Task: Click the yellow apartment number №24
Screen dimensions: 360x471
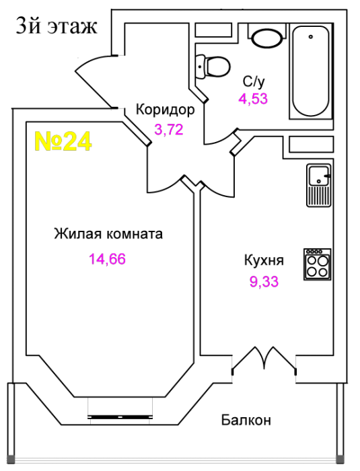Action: tap(63, 141)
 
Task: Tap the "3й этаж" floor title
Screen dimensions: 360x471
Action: tap(57, 26)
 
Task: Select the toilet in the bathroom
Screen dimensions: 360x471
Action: tap(213, 67)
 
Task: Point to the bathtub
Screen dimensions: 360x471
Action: tap(311, 71)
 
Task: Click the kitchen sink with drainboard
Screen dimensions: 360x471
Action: tap(319, 185)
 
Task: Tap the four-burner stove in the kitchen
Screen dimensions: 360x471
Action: tap(318, 264)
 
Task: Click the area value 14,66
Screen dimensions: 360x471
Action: tap(107, 259)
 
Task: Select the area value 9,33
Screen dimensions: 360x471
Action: tap(264, 282)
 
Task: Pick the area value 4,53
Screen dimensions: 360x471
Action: tap(253, 98)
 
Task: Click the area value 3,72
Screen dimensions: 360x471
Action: tap(169, 129)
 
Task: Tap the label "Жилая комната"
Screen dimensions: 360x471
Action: tap(108, 233)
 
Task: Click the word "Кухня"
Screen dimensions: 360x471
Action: tap(264, 260)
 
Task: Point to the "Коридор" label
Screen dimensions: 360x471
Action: tap(166, 110)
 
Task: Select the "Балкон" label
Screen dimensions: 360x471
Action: tap(246, 420)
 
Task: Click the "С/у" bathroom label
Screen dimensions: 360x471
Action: tap(254, 81)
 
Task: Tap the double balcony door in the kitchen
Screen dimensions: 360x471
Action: tap(264, 361)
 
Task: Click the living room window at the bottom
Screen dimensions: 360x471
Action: tap(120, 417)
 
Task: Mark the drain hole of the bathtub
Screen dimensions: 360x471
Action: tap(311, 37)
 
